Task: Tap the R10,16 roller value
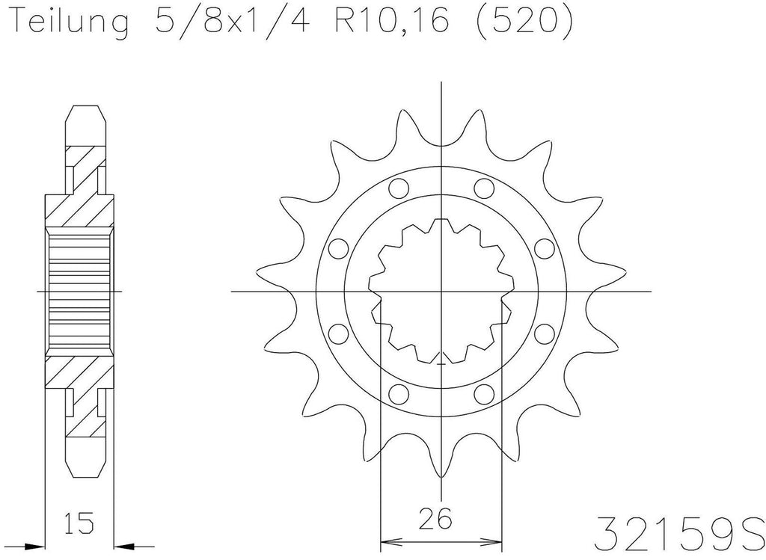point(390,19)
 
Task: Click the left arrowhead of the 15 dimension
point(34,546)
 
